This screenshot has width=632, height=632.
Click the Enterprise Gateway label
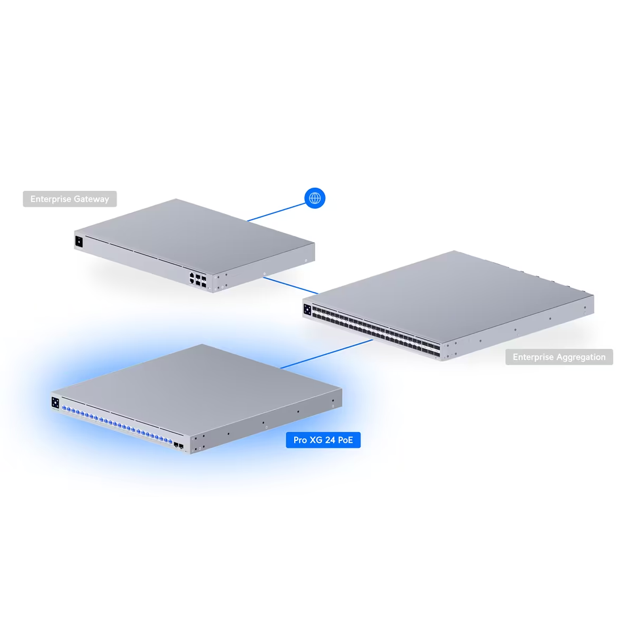click(70, 199)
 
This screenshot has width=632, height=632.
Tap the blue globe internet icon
click(315, 198)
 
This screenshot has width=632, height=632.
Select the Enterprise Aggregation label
click(559, 357)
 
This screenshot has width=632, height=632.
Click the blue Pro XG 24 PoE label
click(323, 440)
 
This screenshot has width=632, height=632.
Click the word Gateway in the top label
click(91, 199)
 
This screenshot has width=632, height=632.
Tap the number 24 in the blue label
click(330, 440)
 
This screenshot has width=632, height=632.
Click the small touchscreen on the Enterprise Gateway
click(79, 242)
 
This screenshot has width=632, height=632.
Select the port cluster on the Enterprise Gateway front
click(198, 280)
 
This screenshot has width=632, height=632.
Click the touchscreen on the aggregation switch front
click(307, 310)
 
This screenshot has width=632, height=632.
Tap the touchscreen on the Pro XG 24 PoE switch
click(55, 402)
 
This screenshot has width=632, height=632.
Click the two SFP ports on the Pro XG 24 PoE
click(178, 445)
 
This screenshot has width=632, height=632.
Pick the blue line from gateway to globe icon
click(276, 212)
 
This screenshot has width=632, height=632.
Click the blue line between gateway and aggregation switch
click(291, 285)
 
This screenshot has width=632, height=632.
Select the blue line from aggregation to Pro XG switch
click(327, 354)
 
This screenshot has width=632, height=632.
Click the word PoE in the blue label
click(345, 440)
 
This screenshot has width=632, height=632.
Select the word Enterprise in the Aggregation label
click(533, 357)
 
